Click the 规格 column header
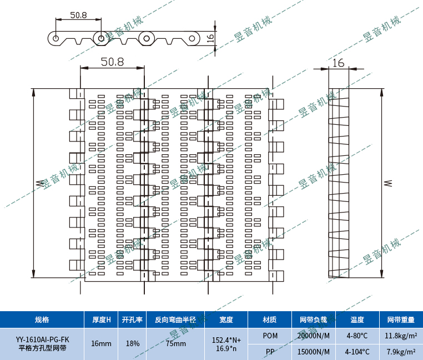(42, 320)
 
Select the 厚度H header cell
(102, 320)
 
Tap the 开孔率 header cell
(133, 320)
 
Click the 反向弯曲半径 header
(175, 320)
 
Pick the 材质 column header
(270, 320)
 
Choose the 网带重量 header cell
(401, 320)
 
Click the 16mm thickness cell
(102, 343)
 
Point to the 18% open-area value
(133, 343)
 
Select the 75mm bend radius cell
(175, 343)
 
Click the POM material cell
(270, 336)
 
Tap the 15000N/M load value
(314, 352)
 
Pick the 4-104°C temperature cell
(357, 352)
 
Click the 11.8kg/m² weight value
(401, 336)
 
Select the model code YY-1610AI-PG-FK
(42, 339)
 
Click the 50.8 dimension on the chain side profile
(79, 16)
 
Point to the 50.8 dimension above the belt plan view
(112, 62)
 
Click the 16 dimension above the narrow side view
(338, 63)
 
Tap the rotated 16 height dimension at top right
(210, 38)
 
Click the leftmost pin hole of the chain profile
(56, 38)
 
